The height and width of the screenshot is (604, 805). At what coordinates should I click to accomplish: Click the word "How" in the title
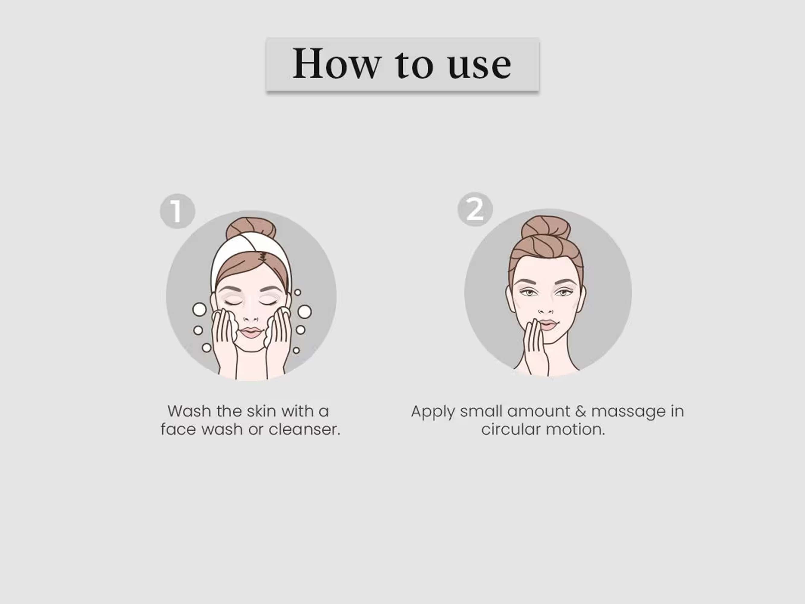tap(337, 63)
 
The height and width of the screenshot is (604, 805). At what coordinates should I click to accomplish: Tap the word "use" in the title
tap(480, 66)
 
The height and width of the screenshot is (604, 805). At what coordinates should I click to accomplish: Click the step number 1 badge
tap(177, 211)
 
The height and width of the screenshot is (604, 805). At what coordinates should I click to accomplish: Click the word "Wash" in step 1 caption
tap(189, 411)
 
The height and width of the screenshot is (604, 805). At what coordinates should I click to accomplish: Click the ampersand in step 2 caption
tap(581, 411)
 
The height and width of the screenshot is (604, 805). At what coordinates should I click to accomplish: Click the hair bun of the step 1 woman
tap(251, 228)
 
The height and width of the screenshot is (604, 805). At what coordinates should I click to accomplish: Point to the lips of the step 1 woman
tap(251, 333)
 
